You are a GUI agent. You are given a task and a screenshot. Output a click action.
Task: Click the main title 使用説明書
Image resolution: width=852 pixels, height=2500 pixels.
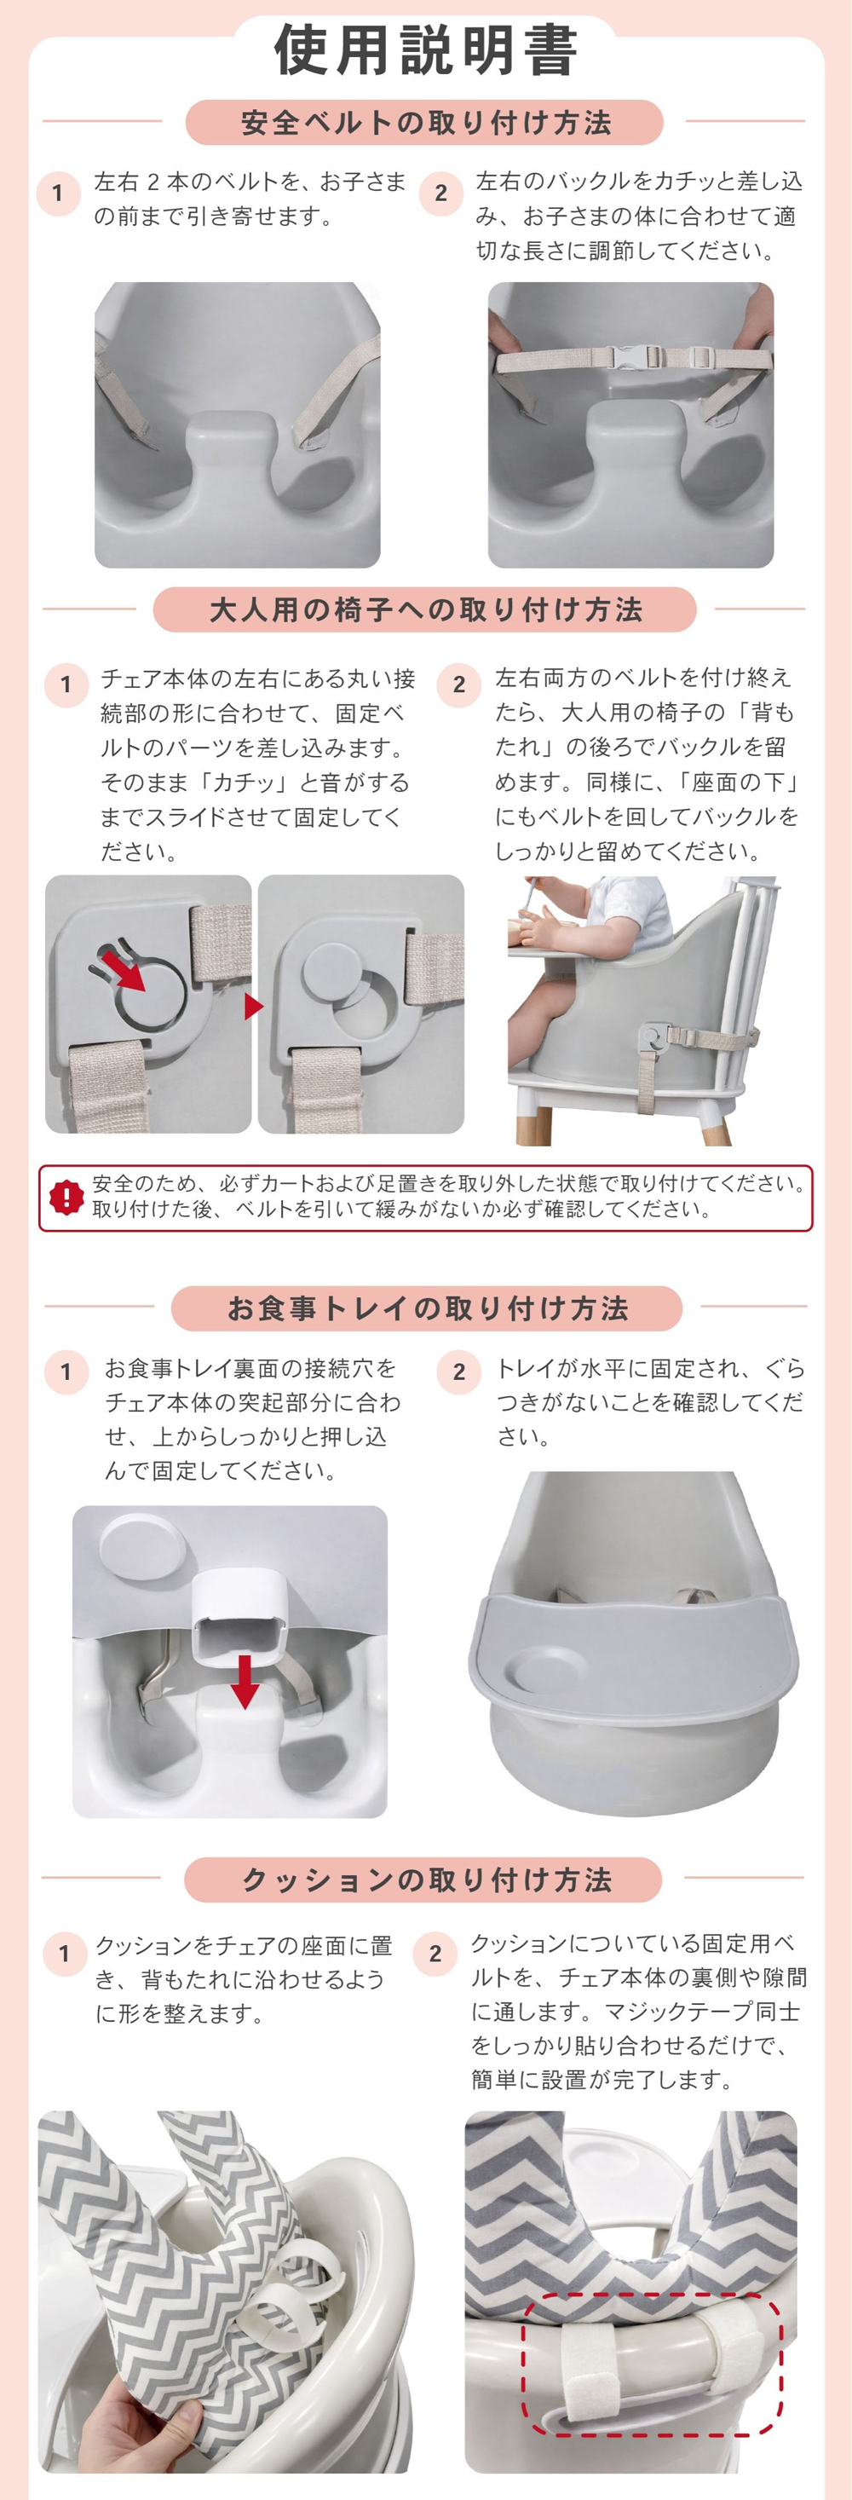[x=426, y=50]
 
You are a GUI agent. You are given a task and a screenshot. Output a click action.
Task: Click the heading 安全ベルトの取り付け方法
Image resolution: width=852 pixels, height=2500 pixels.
[x=426, y=122]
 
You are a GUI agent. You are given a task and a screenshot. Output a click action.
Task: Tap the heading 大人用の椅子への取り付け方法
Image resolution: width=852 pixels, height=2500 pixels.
[x=426, y=609]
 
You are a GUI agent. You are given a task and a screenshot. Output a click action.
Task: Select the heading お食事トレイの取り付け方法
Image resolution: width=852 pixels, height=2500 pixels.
[x=427, y=1308]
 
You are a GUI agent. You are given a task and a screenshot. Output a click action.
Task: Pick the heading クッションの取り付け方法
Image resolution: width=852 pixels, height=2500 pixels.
[x=426, y=1879]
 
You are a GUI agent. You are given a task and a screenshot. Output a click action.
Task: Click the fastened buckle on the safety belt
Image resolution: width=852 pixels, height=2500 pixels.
[x=630, y=356]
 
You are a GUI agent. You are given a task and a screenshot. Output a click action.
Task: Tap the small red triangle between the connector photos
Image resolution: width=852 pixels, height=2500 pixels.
[x=254, y=1006]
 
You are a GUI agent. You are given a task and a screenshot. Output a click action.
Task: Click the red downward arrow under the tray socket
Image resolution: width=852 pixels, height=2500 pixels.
[x=245, y=1680]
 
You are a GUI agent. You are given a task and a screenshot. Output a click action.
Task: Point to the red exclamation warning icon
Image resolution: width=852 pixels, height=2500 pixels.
[x=66, y=1197]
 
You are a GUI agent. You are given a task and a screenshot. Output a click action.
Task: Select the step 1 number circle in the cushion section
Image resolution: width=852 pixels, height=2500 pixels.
[x=64, y=1953]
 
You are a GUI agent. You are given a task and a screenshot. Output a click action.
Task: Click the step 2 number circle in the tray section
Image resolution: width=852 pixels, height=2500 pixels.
[x=459, y=1372]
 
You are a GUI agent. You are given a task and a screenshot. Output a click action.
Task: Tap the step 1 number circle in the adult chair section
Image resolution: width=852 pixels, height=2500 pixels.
[x=66, y=685]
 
